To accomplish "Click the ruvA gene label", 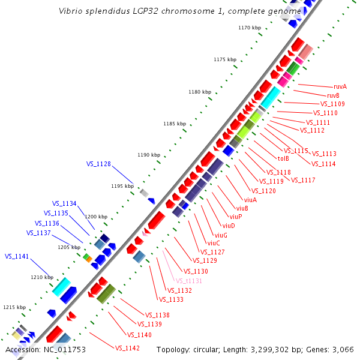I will coord(340,86).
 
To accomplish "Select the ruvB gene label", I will coord(333,95).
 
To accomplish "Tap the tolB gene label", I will coord(283,158).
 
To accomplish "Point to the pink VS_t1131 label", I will coord(188,281).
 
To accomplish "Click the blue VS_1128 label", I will coord(98,164).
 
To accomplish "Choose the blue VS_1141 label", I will coord(17,256).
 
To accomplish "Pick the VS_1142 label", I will coord(127,348).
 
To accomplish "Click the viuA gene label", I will coord(250,200).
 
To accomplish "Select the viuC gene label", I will coord(214,243).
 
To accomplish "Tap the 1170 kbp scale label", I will coord(249,28).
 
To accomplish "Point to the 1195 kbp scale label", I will coord(122,186).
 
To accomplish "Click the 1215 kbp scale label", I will coord(14,307).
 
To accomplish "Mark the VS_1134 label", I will coord(64,203).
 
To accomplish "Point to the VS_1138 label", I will coord(157,315).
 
